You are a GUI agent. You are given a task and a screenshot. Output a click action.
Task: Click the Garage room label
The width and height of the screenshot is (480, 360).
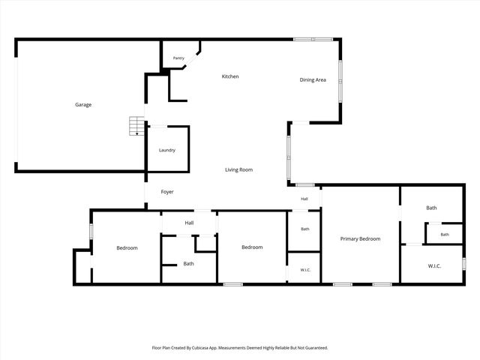(83, 105)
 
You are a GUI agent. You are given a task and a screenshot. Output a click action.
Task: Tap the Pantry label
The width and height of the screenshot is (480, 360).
(178, 58)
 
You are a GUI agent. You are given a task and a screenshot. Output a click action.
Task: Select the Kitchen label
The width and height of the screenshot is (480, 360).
(230, 76)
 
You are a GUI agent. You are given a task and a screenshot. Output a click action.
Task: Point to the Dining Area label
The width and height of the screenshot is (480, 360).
(313, 80)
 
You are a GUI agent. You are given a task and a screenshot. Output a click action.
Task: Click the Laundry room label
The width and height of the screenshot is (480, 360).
(167, 150)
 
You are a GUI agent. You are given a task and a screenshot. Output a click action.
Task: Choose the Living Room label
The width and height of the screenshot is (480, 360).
(238, 169)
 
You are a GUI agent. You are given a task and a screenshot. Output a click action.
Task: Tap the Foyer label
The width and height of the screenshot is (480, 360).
(167, 192)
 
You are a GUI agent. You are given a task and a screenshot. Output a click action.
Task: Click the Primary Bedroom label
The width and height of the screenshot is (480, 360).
(360, 238)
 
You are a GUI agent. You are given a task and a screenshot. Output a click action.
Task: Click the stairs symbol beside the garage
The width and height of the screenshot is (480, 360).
(136, 126)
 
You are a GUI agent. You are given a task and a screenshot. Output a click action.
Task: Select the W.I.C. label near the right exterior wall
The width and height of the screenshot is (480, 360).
(434, 266)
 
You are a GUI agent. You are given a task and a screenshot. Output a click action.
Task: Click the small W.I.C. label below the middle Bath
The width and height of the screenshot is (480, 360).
(305, 270)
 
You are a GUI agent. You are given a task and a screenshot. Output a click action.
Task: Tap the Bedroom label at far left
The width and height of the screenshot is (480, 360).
(127, 248)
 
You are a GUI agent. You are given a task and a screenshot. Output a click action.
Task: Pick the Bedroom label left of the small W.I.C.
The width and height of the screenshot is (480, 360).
(252, 247)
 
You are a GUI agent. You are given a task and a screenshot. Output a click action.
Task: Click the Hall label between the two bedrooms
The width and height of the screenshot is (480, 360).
(189, 223)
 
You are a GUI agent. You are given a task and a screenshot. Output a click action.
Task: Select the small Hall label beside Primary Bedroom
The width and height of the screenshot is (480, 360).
(304, 199)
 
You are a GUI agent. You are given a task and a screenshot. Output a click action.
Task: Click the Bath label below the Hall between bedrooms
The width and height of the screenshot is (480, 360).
(188, 263)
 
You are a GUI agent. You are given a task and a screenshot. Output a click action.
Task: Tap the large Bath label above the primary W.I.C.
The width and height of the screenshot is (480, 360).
(431, 208)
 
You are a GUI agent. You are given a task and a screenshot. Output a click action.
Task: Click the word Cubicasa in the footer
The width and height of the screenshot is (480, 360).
(200, 348)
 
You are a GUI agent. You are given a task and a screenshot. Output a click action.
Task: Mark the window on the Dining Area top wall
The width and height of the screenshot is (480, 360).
(313, 39)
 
